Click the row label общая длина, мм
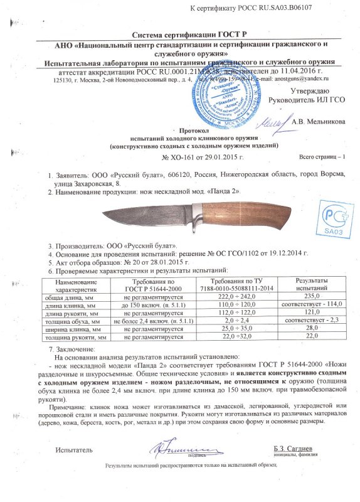[62, 296]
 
